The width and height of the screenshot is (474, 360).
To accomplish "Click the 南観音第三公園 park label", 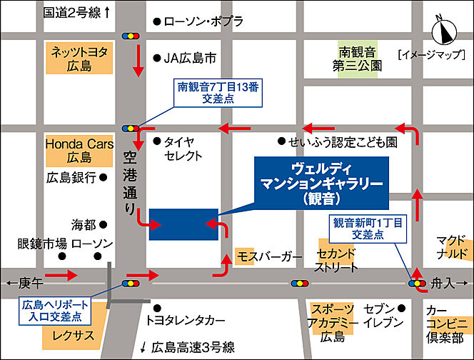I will [361, 58].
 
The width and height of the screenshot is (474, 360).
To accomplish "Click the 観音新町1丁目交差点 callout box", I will [368, 229].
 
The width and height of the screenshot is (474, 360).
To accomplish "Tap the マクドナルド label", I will [453, 247].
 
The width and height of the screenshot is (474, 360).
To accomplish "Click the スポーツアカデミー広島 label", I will [333, 322].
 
